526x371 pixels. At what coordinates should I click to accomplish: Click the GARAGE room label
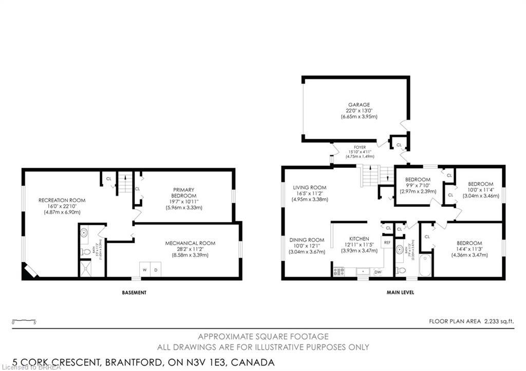(359, 105)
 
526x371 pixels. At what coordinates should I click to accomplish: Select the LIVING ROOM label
(309, 187)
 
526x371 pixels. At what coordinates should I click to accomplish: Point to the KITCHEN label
(359, 239)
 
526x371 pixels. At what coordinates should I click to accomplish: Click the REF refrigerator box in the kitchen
(387, 242)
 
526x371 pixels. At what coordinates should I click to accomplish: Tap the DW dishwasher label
(378, 272)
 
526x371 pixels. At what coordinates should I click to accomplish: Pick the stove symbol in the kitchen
(339, 271)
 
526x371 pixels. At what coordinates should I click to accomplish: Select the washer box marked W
(145, 270)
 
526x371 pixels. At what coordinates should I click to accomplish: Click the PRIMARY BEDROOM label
(183, 193)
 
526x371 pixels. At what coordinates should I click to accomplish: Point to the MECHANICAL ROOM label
(190, 243)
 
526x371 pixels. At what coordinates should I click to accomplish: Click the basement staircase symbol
(125, 182)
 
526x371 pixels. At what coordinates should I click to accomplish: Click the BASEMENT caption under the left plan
(134, 292)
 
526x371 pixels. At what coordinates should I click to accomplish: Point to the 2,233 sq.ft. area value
(498, 322)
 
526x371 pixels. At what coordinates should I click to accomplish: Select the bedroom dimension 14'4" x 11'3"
(469, 249)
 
